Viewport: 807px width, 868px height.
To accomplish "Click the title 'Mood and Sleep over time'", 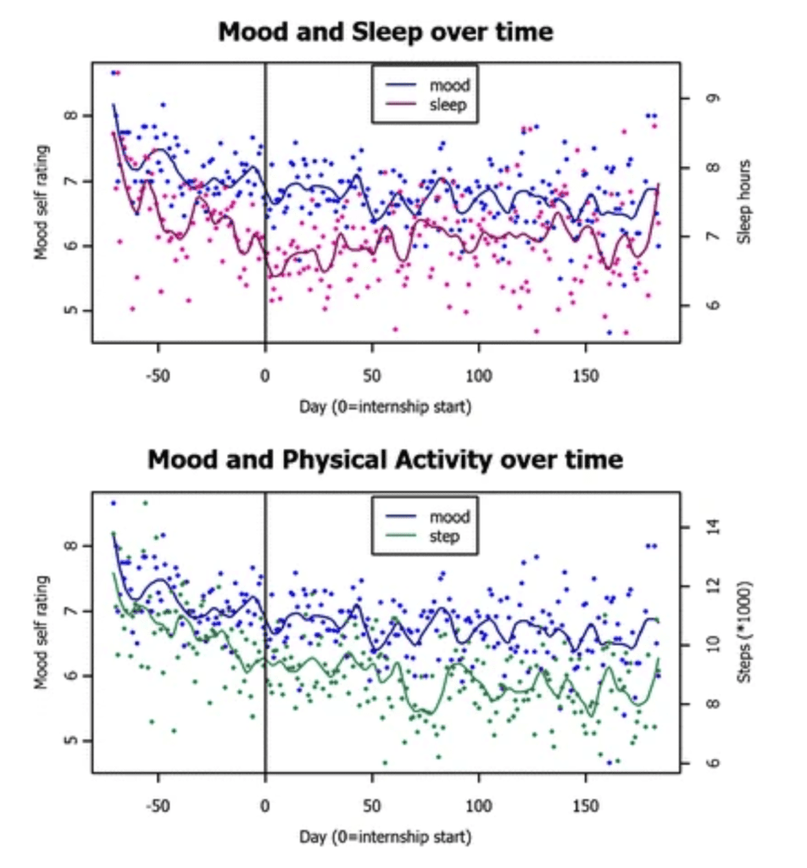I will point(385,32).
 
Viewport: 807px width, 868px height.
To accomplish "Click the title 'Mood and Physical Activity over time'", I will point(385,460).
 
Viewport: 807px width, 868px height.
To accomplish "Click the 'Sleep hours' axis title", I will point(744,203).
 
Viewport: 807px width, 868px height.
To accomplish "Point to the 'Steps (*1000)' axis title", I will point(744,632).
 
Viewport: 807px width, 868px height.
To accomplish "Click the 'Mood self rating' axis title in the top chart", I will point(42,203).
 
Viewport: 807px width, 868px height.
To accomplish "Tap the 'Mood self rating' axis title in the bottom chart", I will point(42,632).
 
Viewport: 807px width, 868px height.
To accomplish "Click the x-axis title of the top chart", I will point(386,406).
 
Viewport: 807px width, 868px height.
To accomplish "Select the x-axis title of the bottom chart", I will point(386,837).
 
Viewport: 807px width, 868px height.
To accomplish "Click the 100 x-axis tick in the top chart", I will point(479,374).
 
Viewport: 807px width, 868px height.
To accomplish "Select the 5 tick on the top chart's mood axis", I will point(70,310).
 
